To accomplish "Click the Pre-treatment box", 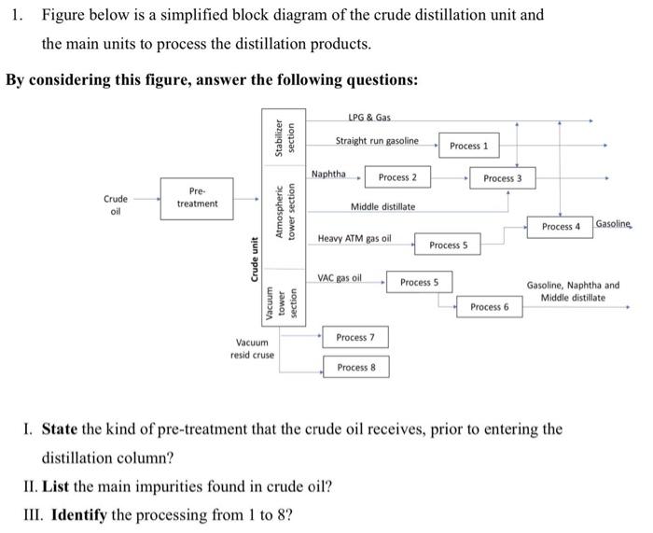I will [x=197, y=198].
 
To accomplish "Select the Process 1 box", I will [x=468, y=146].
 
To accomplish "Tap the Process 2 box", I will [x=397, y=177].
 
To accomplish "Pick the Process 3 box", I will [x=503, y=178].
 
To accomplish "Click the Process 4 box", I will [x=561, y=227].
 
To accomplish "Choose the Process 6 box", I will [x=489, y=306].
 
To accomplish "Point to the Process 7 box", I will [x=355, y=337].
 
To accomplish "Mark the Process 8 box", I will [x=355, y=367].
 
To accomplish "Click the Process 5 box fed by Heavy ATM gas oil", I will [x=448, y=245].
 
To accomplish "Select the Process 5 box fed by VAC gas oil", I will [x=419, y=282].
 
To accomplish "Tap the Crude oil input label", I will [x=117, y=203].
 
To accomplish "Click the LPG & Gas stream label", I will [x=368, y=117].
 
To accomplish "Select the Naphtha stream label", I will [x=328, y=174].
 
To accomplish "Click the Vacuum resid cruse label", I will [x=252, y=349].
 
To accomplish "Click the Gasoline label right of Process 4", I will [x=613, y=225].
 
